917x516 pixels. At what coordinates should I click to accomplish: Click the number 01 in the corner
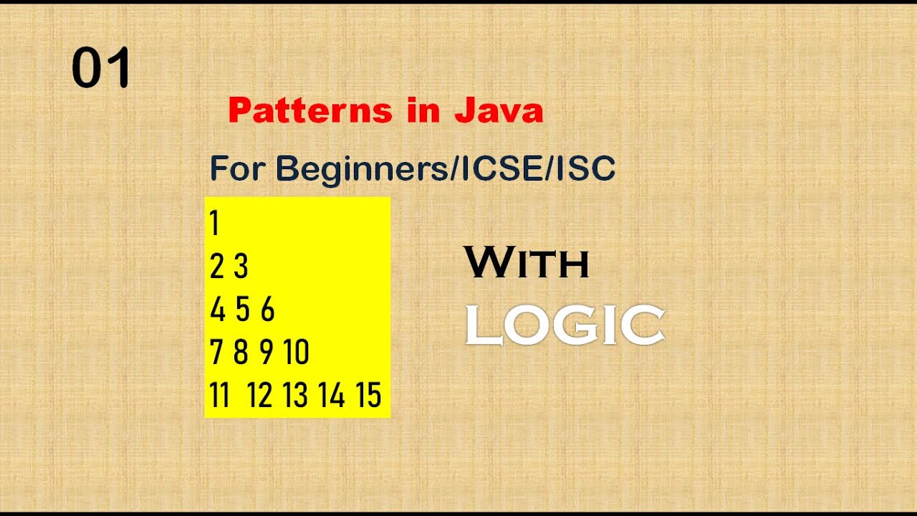click(x=101, y=69)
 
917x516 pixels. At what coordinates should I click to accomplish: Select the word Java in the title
click(x=499, y=111)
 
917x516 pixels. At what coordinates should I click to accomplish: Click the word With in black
click(x=527, y=262)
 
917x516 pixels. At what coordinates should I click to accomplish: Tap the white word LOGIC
click(x=565, y=325)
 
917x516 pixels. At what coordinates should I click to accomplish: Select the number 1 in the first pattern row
click(x=214, y=224)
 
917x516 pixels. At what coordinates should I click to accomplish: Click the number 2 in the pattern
click(x=217, y=267)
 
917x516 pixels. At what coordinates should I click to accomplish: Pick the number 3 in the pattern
click(x=241, y=267)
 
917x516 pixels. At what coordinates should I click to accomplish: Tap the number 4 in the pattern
click(x=218, y=310)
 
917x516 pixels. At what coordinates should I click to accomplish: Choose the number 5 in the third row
click(x=243, y=310)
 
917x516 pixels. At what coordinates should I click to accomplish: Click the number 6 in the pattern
click(x=267, y=310)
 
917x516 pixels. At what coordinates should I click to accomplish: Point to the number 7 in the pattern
click(x=216, y=353)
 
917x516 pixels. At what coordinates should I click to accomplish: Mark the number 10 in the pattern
click(x=296, y=353)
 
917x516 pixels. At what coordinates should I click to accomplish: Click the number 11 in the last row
click(x=220, y=396)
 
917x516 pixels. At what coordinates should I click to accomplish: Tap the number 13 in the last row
click(x=295, y=396)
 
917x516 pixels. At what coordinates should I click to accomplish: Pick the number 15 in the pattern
click(x=368, y=396)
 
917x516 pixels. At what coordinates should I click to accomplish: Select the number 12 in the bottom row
click(x=260, y=396)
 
